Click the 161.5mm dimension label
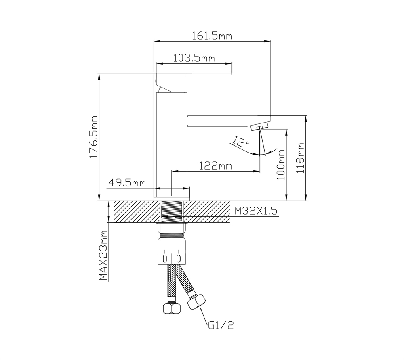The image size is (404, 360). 212,36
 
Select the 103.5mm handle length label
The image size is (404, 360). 194,58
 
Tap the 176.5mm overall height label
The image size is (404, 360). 94,137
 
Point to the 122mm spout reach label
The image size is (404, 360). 215,166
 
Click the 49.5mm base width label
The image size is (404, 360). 127,183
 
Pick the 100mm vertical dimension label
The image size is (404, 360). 281,165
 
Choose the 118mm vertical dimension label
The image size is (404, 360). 300,158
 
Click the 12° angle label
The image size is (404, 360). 240,142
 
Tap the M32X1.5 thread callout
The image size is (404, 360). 256,211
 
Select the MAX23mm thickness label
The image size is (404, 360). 103,255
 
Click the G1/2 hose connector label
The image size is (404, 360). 221,325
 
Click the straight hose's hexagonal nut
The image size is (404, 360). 172,308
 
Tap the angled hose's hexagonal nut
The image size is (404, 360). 197,301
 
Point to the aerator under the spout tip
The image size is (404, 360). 259,126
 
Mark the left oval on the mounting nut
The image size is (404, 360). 165,258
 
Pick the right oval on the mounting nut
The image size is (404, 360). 178,258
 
